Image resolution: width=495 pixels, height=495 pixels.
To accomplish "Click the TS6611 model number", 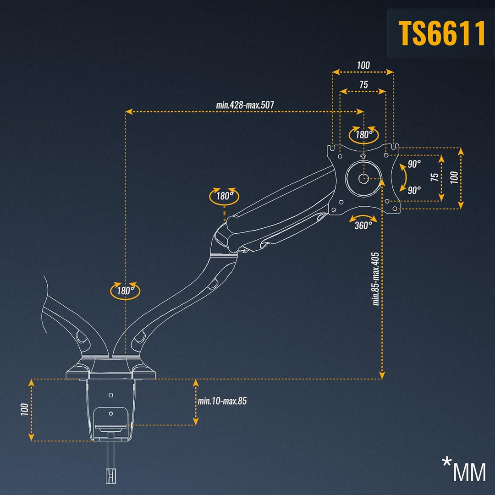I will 441,33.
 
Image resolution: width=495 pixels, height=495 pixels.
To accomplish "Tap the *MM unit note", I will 463,470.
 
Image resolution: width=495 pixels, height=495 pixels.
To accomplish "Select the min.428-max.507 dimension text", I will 245,105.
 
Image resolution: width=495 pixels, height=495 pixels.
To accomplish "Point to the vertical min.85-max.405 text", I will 376,279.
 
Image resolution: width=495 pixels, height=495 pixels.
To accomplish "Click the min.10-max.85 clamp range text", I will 222,401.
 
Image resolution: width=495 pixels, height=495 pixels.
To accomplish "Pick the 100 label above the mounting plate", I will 363,66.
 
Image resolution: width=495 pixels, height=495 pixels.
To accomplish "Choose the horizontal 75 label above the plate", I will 363,85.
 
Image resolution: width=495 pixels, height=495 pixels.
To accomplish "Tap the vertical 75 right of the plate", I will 434,177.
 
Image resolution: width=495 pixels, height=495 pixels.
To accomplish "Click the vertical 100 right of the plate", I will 454,177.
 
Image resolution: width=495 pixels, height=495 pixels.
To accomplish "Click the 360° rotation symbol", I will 363,225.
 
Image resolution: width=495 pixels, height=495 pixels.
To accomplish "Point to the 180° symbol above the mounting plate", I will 363,135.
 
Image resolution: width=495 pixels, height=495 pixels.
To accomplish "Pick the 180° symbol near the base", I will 125,290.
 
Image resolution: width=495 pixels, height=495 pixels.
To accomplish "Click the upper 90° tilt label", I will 414,164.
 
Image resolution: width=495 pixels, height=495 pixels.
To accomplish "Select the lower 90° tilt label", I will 414,190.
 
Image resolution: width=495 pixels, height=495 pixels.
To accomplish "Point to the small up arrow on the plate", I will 363,156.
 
